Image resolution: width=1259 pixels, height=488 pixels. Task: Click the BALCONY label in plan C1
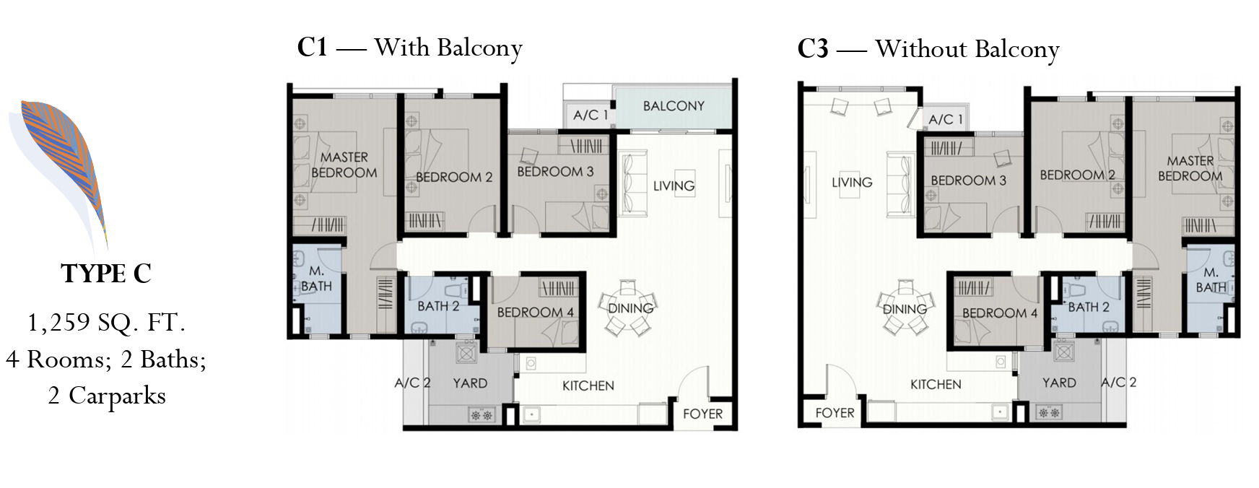pyautogui.click(x=674, y=106)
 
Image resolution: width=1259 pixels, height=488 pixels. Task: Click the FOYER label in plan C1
pyautogui.click(x=702, y=414)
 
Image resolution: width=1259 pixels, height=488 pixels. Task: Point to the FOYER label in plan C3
pyautogui.click(x=835, y=413)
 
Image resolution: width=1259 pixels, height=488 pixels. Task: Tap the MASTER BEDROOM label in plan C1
pyautogui.click(x=344, y=165)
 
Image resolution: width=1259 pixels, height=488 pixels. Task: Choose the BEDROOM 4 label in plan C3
pyautogui.click(x=1000, y=313)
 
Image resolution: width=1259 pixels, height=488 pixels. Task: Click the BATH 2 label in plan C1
pyautogui.click(x=438, y=306)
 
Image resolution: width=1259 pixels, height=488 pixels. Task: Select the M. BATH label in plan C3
pyautogui.click(x=1211, y=280)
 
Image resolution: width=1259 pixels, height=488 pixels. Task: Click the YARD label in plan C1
pyautogui.click(x=470, y=383)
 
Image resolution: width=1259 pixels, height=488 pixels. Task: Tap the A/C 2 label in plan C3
pyautogui.click(x=1118, y=383)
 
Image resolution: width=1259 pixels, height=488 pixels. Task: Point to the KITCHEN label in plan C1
pyautogui.click(x=588, y=386)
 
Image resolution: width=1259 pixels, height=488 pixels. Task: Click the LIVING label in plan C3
pyautogui.click(x=852, y=183)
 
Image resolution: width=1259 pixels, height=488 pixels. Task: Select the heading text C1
pyautogui.click(x=313, y=48)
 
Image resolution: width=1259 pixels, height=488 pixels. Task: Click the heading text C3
pyautogui.click(x=813, y=49)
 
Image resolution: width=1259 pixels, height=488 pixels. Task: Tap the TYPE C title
pyautogui.click(x=107, y=274)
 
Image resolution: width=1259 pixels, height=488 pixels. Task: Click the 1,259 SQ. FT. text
pyautogui.click(x=106, y=323)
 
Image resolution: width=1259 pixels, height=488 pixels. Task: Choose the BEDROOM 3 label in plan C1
pyautogui.click(x=555, y=172)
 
